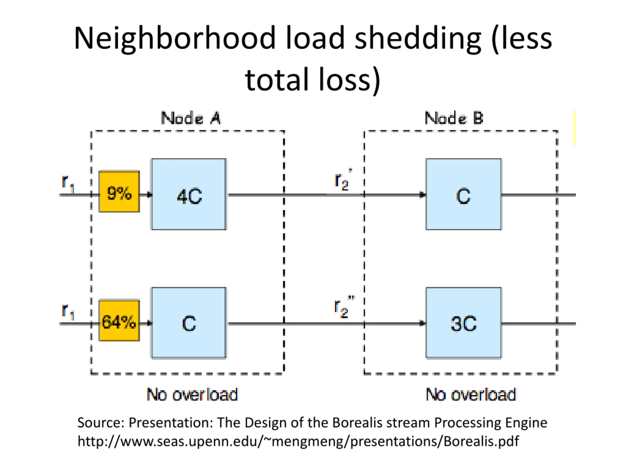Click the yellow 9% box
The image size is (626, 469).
coord(119,192)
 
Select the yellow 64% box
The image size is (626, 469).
coord(119,320)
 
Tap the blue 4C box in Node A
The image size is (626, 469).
coord(189,194)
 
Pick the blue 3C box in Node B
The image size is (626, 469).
coord(464,323)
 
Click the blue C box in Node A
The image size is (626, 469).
coord(189,323)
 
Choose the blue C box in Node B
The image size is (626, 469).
coord(464,194)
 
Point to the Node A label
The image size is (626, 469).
coord(191,118)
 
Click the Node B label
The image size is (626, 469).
coord(454,118)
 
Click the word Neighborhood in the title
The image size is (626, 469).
coord(175,39)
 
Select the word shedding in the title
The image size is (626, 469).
coord(418,39)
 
